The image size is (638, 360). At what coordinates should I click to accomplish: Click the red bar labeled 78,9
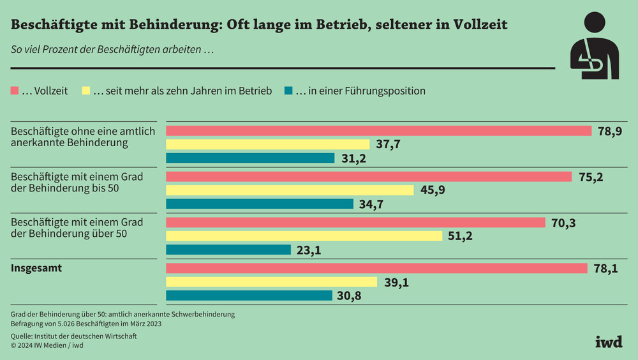[379, 131]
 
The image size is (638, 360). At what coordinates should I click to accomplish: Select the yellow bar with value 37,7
[267, 144]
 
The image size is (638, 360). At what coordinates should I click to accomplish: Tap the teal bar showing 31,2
[250, 158]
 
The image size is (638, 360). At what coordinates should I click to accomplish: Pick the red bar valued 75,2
[369, 177]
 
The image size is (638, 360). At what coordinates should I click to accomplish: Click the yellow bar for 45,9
[290, 190]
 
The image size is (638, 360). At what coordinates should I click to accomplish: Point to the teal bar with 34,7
[260, 204]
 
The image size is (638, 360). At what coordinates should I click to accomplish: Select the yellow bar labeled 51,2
[304, 236]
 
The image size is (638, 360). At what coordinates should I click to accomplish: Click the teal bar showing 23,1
[228, 250]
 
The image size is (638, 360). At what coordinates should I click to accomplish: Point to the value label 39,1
[396, 282]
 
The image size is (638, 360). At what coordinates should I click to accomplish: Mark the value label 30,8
[352, 296]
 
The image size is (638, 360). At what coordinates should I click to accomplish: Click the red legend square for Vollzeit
[14, 91]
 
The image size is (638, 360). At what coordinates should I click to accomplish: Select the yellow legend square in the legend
[85, 91]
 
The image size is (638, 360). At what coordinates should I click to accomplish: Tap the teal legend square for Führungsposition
[287, 91]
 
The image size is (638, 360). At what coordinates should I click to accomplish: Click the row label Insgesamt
[36, 268]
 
